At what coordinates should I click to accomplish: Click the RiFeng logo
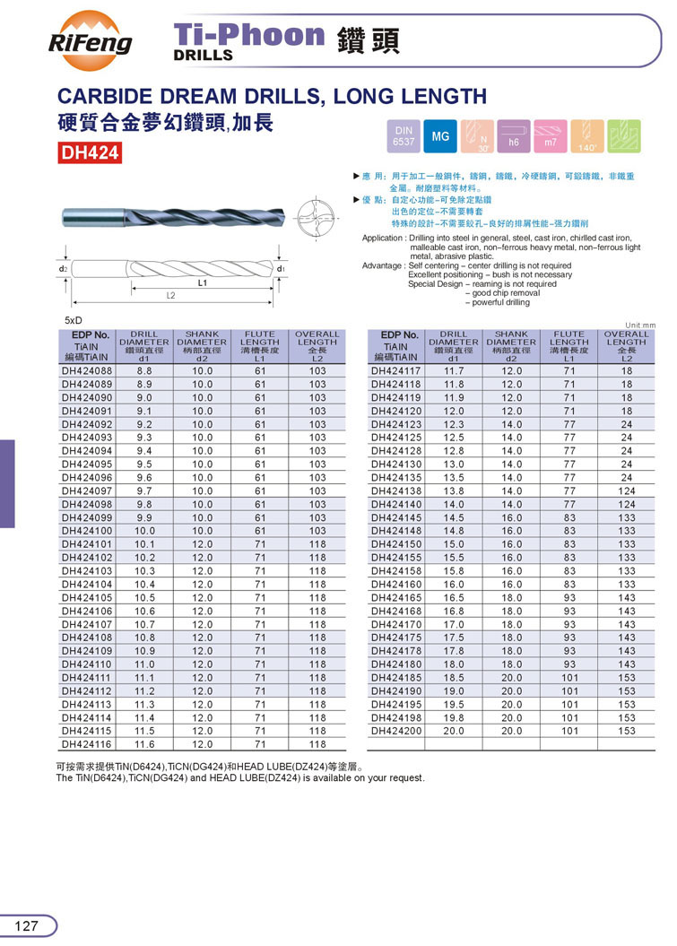(x=89, y=36)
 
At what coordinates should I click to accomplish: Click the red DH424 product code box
(x=90, y=153)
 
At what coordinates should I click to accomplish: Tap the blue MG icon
(x=440, y=136)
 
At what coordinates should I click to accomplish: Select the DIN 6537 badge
(x=404, y=136)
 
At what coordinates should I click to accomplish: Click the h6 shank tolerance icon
(x=514, y=136)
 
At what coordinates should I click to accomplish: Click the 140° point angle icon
(x=586, y=136)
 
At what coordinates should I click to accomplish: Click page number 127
(x=28, y=925)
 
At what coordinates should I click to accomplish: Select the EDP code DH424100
(x=88, y=531)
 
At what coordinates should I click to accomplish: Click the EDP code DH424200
(x=396, y=731)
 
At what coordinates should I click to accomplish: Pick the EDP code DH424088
(x=88, y=370)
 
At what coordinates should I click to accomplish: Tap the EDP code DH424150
(x=396, y=544)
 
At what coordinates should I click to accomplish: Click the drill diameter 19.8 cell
(x=454, y=717)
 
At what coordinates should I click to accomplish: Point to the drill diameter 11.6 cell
(x=144, y=744)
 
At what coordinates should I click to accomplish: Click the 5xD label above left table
(x=74, y=320)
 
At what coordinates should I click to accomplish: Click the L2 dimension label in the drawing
(x=170, y=295)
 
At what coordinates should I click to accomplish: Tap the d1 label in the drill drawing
(x=281, y=268)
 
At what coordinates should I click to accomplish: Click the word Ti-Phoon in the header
(x=249, y=36)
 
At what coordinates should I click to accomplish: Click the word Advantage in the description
(x=383, y=265)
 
